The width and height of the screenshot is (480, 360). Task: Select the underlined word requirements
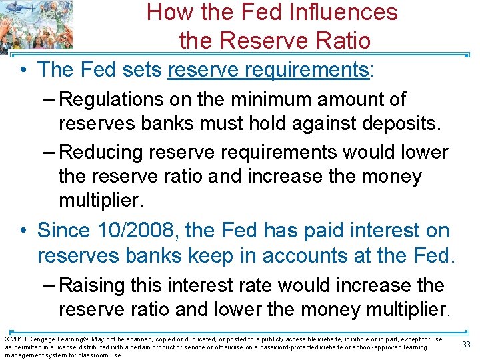tap(314, 69)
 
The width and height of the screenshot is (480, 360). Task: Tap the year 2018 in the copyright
tap(17, 339)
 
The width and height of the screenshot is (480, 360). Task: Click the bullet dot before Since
tap(23, 231)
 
